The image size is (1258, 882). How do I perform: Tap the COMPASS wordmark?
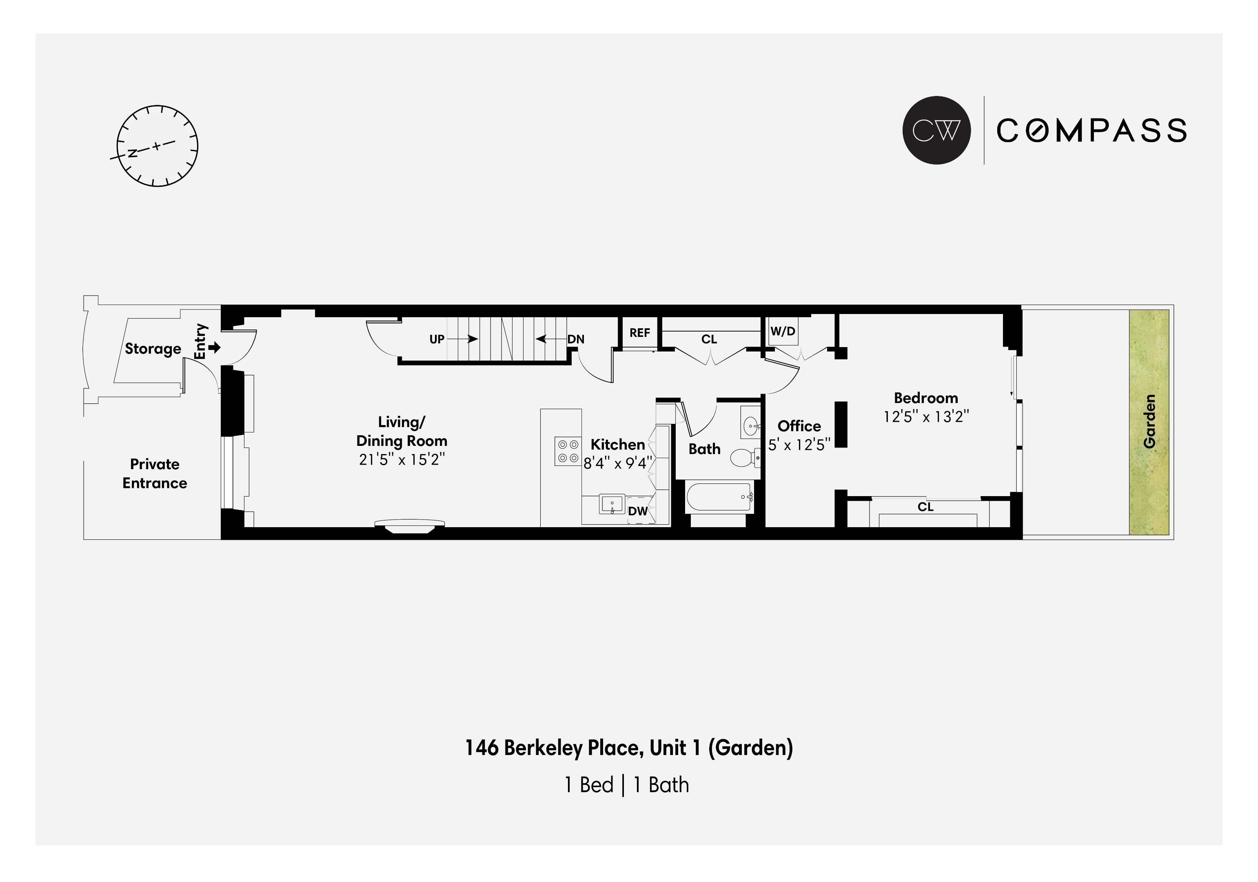1092,131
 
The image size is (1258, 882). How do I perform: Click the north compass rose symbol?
157,146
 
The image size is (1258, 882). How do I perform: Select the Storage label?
153,349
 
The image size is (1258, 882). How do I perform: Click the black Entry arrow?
214,347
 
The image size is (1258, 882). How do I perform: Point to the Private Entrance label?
155,474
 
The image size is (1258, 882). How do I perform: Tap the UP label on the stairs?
437,339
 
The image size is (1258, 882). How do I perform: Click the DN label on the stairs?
576,339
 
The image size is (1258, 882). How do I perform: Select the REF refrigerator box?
640,332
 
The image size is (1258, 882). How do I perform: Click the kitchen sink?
612,504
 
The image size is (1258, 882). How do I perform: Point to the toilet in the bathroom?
745,457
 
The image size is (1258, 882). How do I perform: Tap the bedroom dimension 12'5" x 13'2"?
926,416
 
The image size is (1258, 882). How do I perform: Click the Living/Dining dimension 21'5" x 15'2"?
402,459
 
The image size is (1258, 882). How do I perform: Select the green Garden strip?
1149,422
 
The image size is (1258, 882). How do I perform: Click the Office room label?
799,426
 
